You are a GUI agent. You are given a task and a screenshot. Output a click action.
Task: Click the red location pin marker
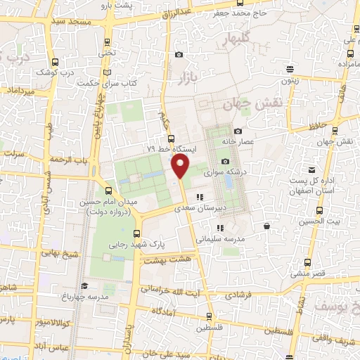[x=180, y=167]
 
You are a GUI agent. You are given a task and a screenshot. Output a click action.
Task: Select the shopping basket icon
[x=267, y=226]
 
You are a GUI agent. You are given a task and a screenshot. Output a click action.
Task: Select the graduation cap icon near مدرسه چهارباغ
[x=84, y=285]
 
